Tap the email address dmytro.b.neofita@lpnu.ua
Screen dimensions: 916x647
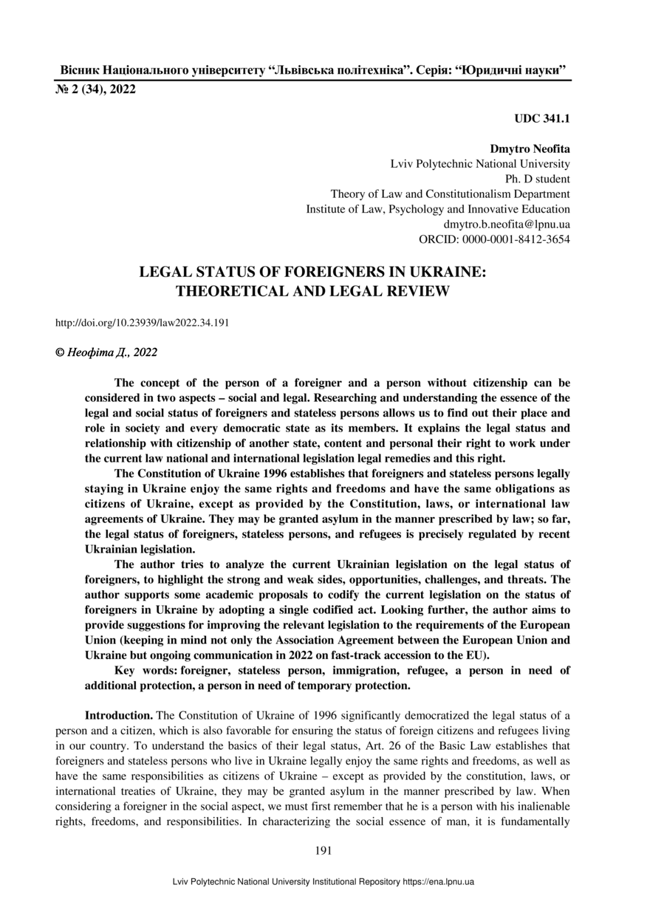click(506, 224)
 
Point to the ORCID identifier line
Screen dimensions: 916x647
click(494, 239)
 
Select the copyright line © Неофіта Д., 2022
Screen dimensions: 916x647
click(106, 353)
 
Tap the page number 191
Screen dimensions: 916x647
click(323, 850)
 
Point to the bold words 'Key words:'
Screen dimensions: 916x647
click(146, 670)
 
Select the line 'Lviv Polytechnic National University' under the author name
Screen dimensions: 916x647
click(479, 164)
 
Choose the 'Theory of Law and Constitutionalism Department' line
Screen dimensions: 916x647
click(450, 194)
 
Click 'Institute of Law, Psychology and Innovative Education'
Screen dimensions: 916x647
click(437, 209)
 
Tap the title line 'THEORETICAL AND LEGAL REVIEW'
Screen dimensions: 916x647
click(312, 291)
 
